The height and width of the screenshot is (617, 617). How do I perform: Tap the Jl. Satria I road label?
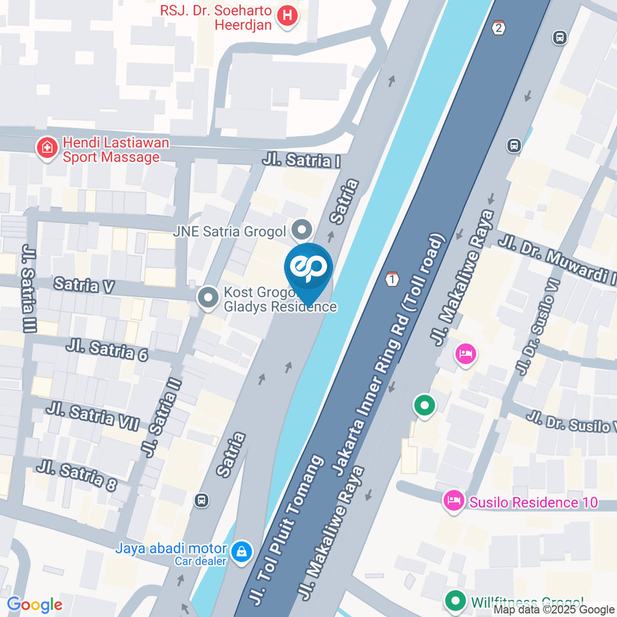click(x=301, y=159)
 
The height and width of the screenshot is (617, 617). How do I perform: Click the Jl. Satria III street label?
click(x=29, y=289)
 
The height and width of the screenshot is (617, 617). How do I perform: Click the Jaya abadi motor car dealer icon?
click(x=242, y=551)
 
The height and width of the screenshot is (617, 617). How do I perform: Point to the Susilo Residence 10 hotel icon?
click(x=454, y=501)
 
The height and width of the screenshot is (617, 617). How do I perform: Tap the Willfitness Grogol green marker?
click(x=456, y=602)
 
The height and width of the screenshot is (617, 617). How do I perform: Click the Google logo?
click(x=35, y=605)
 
